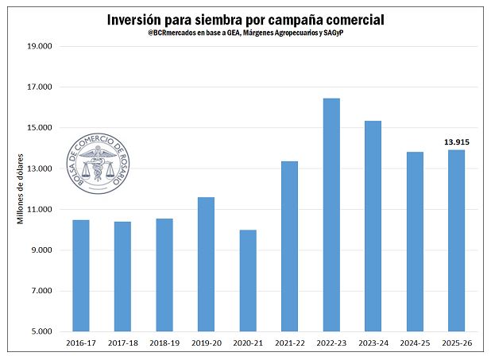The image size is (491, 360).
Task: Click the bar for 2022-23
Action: [331, 215]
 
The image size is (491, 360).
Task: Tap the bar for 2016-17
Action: [81, 275]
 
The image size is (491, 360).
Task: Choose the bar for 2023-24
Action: [373, 226]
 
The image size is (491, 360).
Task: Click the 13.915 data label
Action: [455, 141]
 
